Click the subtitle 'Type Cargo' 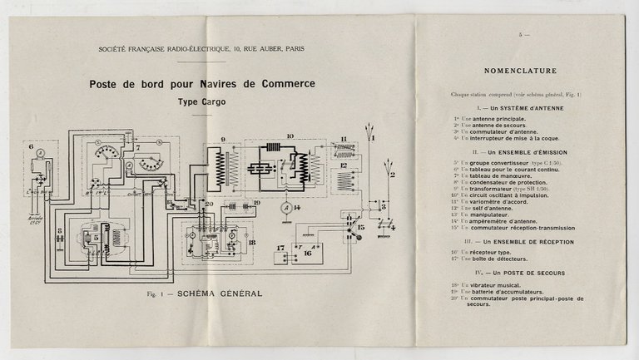tap(205, 102)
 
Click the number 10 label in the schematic tap(290, 136)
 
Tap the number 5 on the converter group tap(97, 237)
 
